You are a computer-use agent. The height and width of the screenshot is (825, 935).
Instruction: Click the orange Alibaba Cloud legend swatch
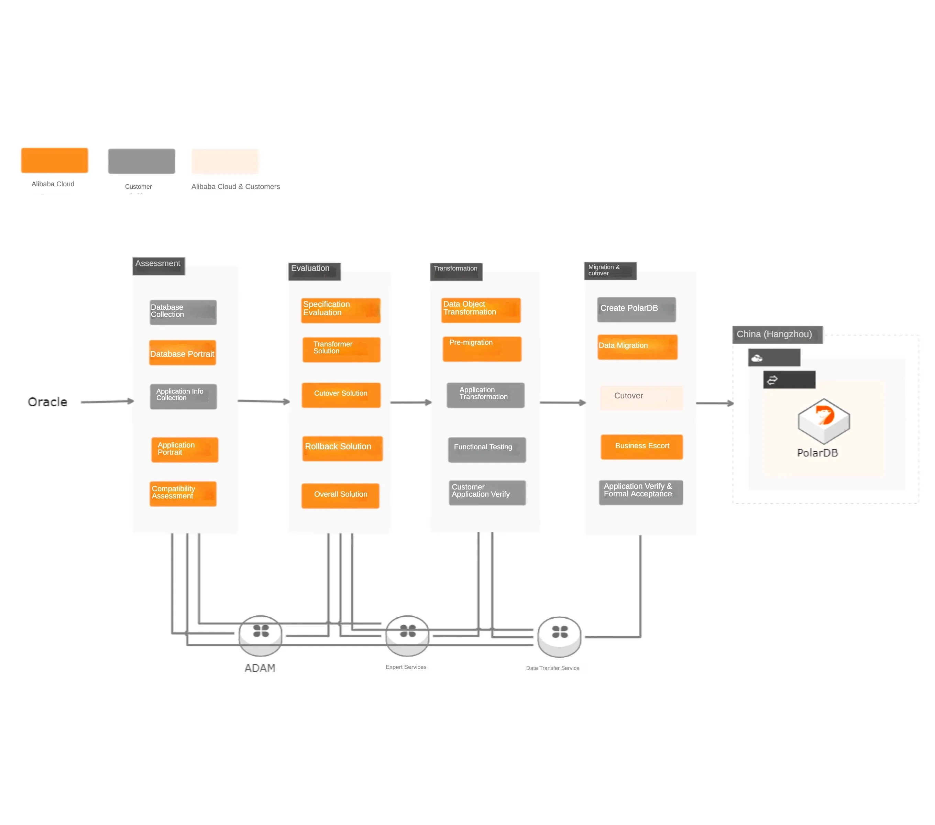click(x=54, y=161)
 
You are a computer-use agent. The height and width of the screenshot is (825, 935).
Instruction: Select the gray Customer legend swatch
click(x=141, y=161)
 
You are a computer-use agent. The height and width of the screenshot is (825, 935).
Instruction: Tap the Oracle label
click(x=47, y=402)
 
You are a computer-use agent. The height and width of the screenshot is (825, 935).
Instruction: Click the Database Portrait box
click(x=183, y=353)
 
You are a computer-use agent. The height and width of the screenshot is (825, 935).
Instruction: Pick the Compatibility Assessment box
click(x=183, y=493)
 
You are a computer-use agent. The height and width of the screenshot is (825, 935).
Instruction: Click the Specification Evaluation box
click(x=341, y=310)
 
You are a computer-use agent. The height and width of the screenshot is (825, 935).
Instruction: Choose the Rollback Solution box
click(x=342, y=448)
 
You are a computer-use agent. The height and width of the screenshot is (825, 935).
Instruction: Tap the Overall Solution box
click(x=340, y=495)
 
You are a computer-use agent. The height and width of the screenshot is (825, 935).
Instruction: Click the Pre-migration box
click(x=482, y=349)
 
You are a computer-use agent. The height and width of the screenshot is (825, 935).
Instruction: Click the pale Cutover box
click(x=641, y=397)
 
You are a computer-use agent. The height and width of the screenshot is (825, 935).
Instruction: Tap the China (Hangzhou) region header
click(x=777, y=334)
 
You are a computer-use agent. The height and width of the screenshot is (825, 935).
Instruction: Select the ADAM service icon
click(x=260, y=635)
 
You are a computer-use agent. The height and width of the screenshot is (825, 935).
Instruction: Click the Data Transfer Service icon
click(x=559, y=636)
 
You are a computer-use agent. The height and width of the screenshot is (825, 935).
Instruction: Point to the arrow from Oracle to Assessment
click(x=107, y=401)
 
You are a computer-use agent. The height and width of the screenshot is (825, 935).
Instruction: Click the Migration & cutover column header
click(x=610, y=270)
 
